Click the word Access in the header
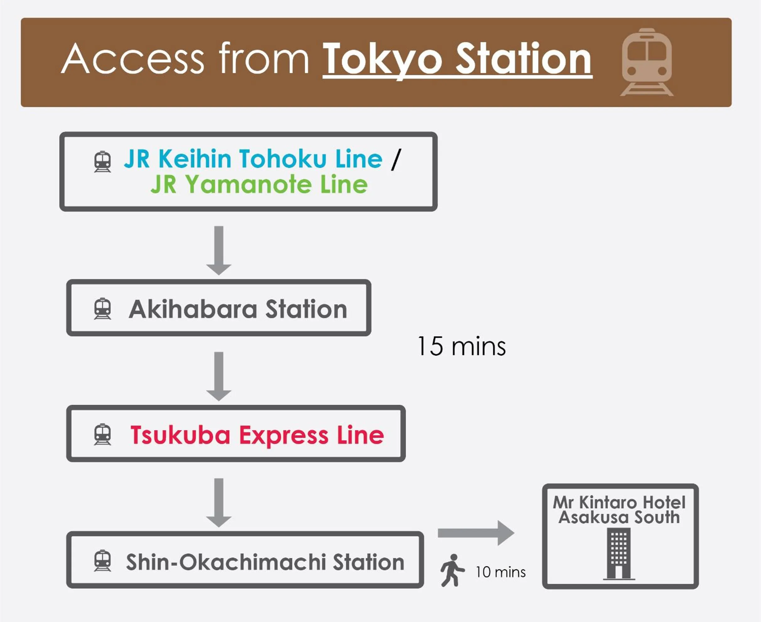tap(132, 58)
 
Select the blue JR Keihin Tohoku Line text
tap(253, 158)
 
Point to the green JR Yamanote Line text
tap(259, 184)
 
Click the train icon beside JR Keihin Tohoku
tap(103, 162)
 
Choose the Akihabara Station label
tap(238, 309)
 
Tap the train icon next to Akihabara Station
tap(103, 308)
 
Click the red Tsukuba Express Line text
tap(257, 435)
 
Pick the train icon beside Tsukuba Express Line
tap(103, 434)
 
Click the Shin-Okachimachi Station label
tap(265, 562)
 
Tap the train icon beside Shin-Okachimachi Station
tap(103, 560)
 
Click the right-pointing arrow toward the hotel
tap(476, 533)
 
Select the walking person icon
tap(453, 571)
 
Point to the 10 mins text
tap(501, 572)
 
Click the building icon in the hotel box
tap(619, 554)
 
